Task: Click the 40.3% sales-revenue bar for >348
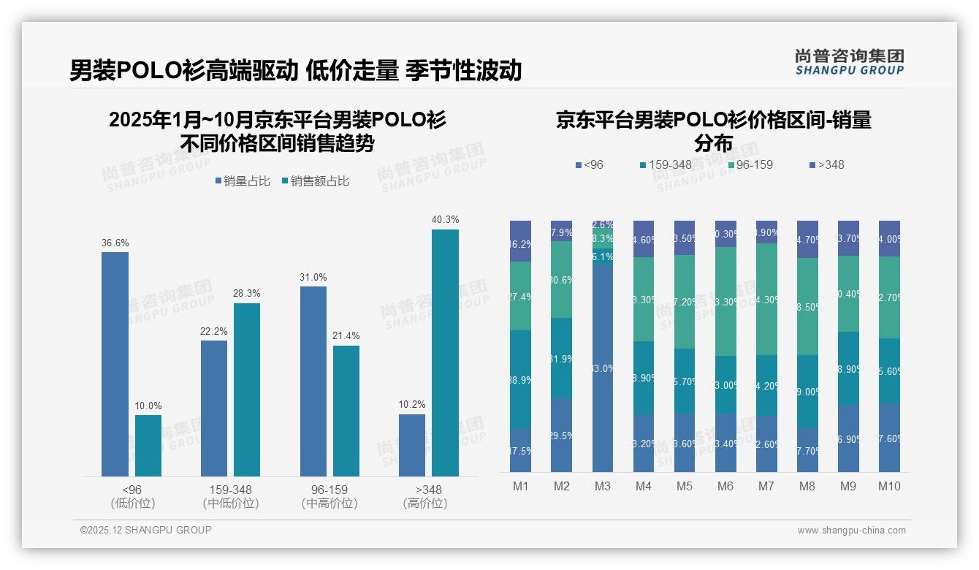pyautogui.click(x=445, y=353)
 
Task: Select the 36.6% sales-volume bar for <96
pyautogui.click(x=115, y=364)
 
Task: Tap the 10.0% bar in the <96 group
pyautogui.click(x=148, y=446)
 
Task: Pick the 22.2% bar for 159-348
pyautogui.click(x=214, y=408)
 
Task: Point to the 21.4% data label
pyautogui.click(x=346, y=335)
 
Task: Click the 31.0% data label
pyautogui.click(x=313, y=277)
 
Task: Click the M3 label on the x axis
pyautogui.click(x=602, y=487)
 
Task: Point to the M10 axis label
pyautogui.click(x=889, y=487)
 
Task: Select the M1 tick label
pyautogui.click(x=520, y=487)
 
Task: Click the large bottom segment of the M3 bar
pyautogui.click(x=602, y=365)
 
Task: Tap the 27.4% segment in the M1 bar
pyautogui.click(x=520, y=296)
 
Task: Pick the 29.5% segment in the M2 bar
pyautogui.click(x=561, y=435)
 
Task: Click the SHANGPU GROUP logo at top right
pyautogui.click(x=849, y=62)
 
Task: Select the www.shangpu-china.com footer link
pyautogui.click(x=851, y=531)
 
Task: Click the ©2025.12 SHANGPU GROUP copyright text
pyautogui.click(x=146, y=530)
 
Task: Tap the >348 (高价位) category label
pyautogui.click(x=425, y=496)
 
